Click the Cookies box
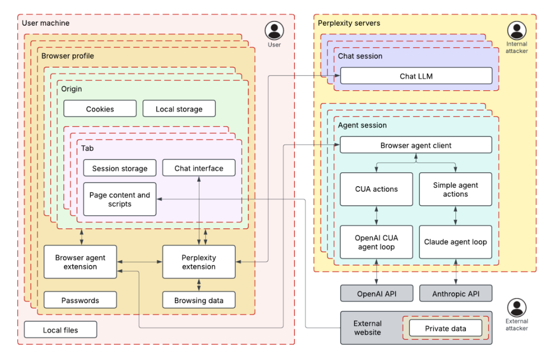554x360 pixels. (x=100, y=109)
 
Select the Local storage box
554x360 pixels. (x=179, y=109)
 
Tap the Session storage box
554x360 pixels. (x=120, y=168)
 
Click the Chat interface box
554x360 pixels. (x=199, y=168)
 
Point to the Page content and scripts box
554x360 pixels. (x=120, y=199)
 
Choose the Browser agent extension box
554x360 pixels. (x=80, y=262)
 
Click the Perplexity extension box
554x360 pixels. (x=199, y=262)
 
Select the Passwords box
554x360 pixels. (x=80, y=300)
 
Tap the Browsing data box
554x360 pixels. (x=199, y=300)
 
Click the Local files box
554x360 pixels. (x=61, y=330)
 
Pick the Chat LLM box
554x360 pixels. (x=416, y=76)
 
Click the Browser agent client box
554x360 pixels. (x=416, y=145)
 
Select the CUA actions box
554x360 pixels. (x=377, y=189)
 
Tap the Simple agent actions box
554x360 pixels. (x=456, y=189)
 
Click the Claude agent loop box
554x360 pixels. (x=456, y=242)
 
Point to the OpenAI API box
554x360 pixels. (x=377, y=294)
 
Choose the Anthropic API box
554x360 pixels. (x=456, y=294)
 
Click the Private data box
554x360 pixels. (x=445, y=328)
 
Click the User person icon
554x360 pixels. (x=274, y=31)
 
